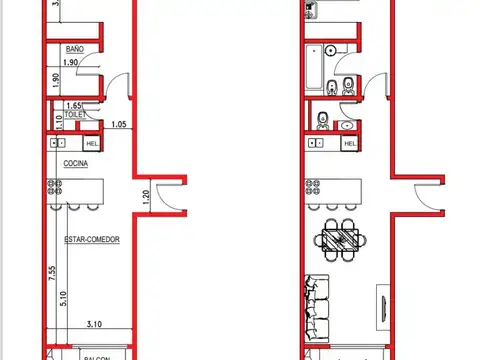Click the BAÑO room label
click(74, 48)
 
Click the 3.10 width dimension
click(95, 324)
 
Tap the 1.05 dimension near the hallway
click(119, 125)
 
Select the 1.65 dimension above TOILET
click(73, 105)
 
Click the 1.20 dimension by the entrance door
click(146, 198)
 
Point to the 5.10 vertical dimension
click(62, 298)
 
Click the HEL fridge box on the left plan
click(91, 144)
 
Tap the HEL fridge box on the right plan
click(349, 144)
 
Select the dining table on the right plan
click(341, 240)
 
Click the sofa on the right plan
click(313, 306)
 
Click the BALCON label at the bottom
click(97, 354)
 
